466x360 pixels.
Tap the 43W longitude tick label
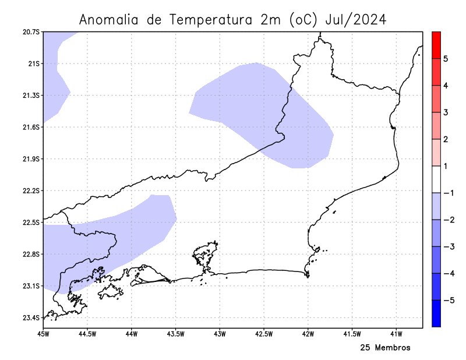point(220,334)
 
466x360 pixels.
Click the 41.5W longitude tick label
point(352,334)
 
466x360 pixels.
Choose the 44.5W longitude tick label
point(87,334)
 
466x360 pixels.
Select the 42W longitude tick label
point(308,334)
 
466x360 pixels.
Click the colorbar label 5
point(446,59)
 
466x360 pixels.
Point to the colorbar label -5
point(447,301)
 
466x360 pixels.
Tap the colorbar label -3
point(447,247)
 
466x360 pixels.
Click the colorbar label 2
point(446,139)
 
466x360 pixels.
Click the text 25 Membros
point(385,348)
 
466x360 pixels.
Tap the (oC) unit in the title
point(302,20)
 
